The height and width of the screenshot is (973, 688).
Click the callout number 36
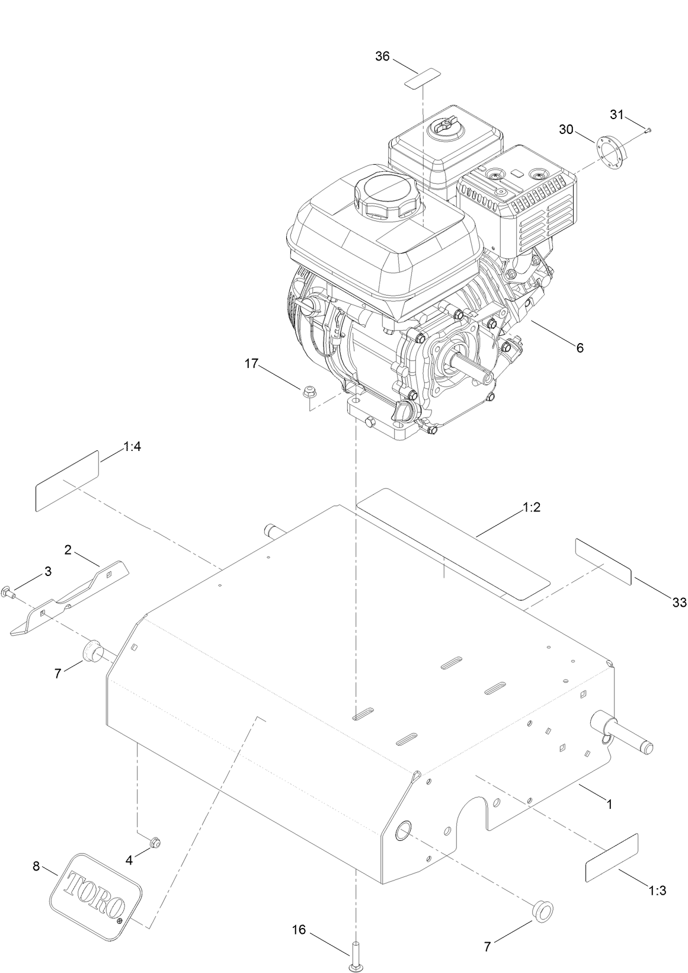383,56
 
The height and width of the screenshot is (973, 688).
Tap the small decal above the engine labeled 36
423,78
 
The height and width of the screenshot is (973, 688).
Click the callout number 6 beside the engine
580,348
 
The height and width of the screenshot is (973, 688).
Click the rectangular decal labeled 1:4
67,481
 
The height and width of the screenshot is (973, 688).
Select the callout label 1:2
532,508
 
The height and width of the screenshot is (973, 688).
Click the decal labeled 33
603,562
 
